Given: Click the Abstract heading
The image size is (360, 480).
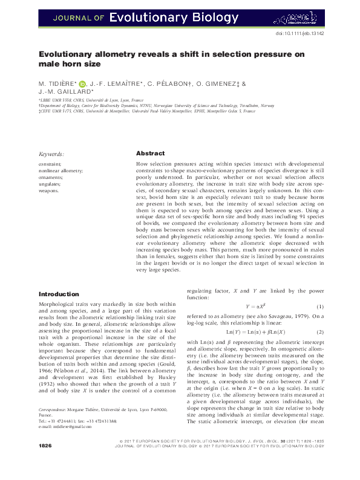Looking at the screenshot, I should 150,154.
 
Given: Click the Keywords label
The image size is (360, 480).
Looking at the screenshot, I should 51,154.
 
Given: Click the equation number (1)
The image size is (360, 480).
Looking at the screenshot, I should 321,306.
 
